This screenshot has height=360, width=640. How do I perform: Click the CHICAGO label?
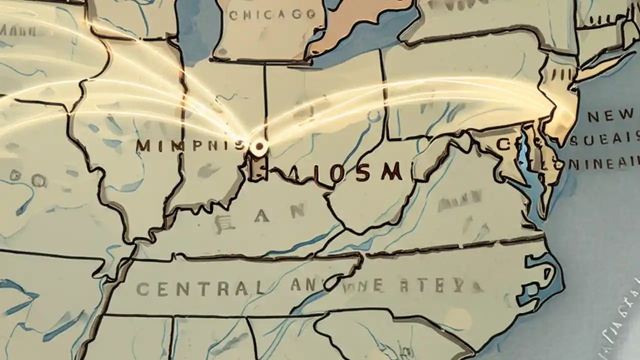pyautogui.click(x=272, y=15)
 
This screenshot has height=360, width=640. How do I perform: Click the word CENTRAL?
pyautogui.click(x=200, y=288)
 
